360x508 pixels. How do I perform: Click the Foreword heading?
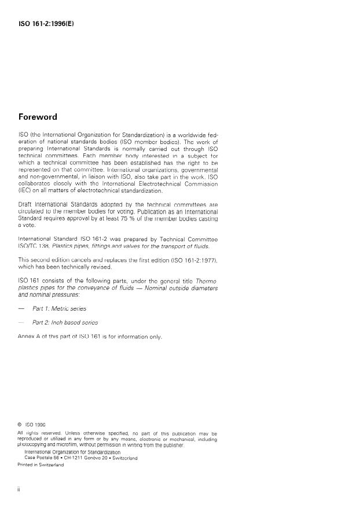pyautogui.click(x=38, y=117)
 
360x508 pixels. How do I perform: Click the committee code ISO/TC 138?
pyautogui.click(x=34, y=246)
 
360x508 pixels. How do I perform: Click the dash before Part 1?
pyautogui.click(x=22, y=308)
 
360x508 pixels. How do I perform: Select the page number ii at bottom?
pyautogui.click(x=20, y=489)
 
